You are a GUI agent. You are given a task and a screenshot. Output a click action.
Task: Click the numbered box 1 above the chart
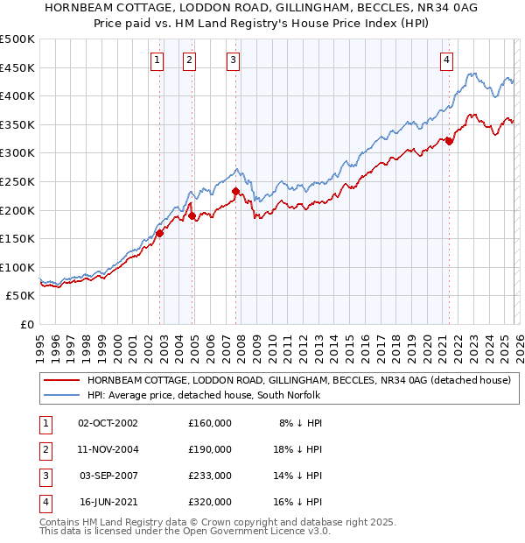[x=157, y=60]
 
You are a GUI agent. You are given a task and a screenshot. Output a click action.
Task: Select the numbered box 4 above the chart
[x=446, y=60]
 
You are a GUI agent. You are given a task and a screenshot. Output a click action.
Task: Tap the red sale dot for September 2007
[x=235, y=191]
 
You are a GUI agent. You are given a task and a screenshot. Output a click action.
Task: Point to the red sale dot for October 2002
[x=160, y=232]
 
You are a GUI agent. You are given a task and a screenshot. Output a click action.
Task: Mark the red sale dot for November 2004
[x=192, y=215]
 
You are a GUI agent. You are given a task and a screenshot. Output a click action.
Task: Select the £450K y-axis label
[x=17, y=67]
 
